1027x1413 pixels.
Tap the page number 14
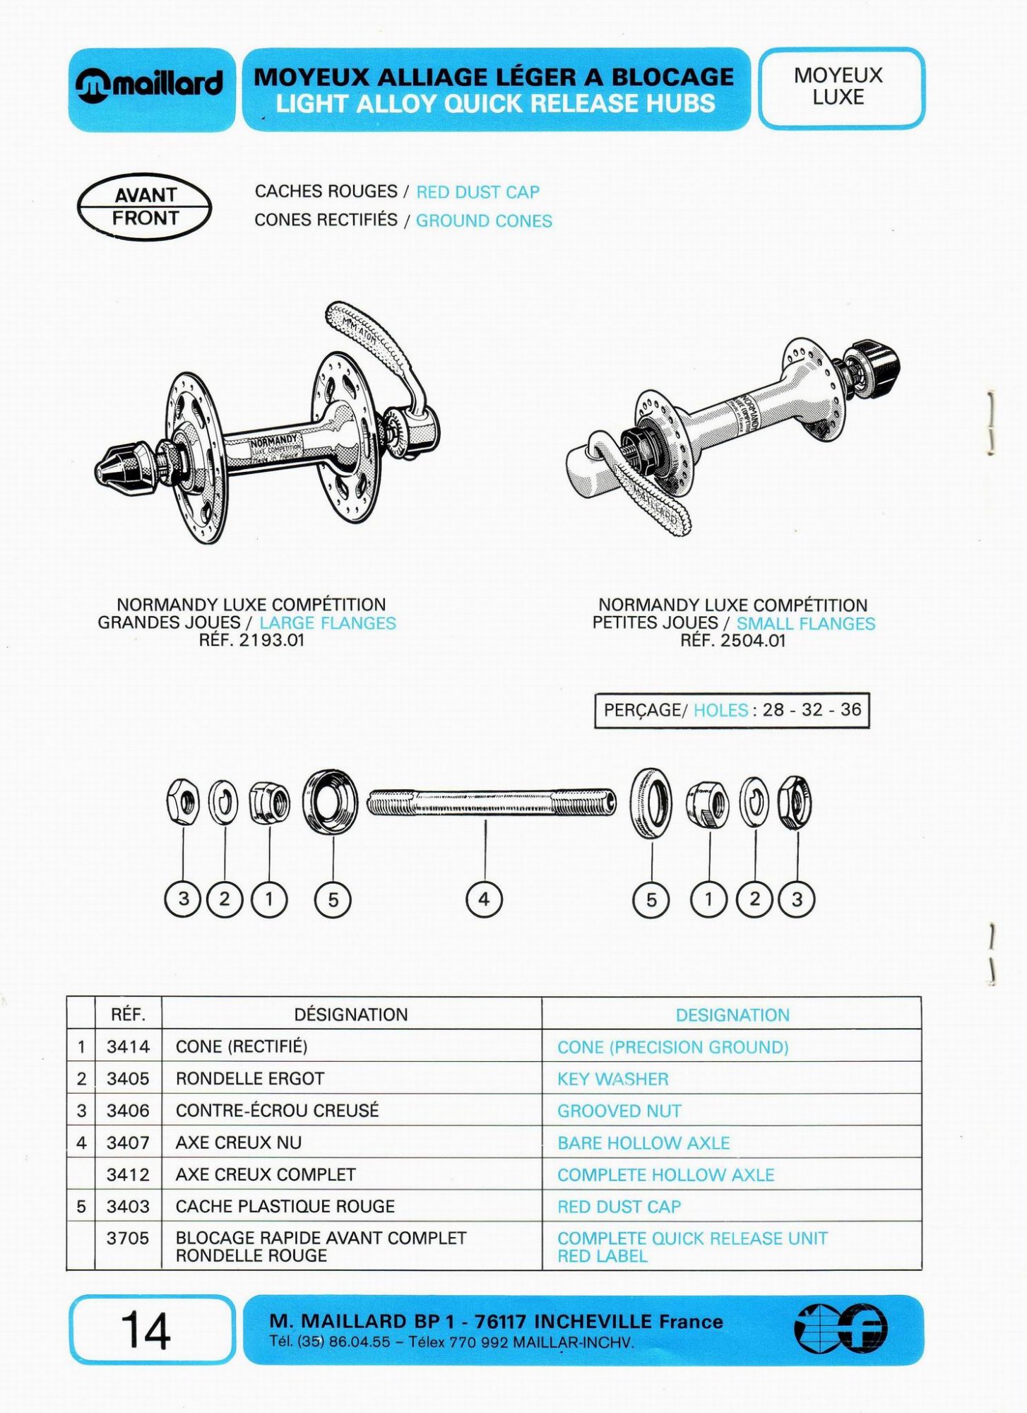(x=146, y=1330)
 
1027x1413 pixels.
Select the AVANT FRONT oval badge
(x=145, y=206)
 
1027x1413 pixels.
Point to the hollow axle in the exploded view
(x=492, y=802)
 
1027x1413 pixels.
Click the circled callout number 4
(x=484, y=899)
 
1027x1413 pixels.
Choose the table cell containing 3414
(x=128, y=1046)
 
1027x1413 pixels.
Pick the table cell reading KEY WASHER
(x=612, y=1079)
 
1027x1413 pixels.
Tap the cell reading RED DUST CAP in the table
(x=619, y=1207)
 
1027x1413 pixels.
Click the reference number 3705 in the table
(x=128, y=1238)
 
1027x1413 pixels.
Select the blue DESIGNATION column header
(x=732, y=1015)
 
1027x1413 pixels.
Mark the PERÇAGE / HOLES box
(x=732, y=710)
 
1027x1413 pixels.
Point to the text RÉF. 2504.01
(x=732, y=641)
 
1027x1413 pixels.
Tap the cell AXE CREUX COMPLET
(x=266, y=1175)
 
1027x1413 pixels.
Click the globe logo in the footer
(x=841, y=1329)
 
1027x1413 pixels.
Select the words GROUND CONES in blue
(x=484, y=221)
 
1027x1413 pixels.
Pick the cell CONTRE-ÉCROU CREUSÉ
(x=277, y=1111)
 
